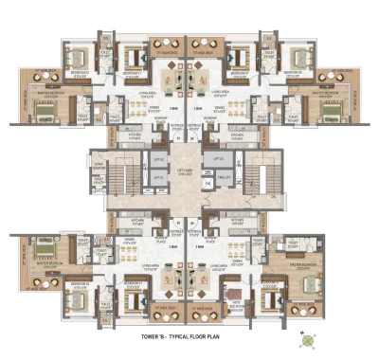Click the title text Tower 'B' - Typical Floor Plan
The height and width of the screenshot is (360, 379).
pos(189,337)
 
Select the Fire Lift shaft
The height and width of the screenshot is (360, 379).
pos(224,178)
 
